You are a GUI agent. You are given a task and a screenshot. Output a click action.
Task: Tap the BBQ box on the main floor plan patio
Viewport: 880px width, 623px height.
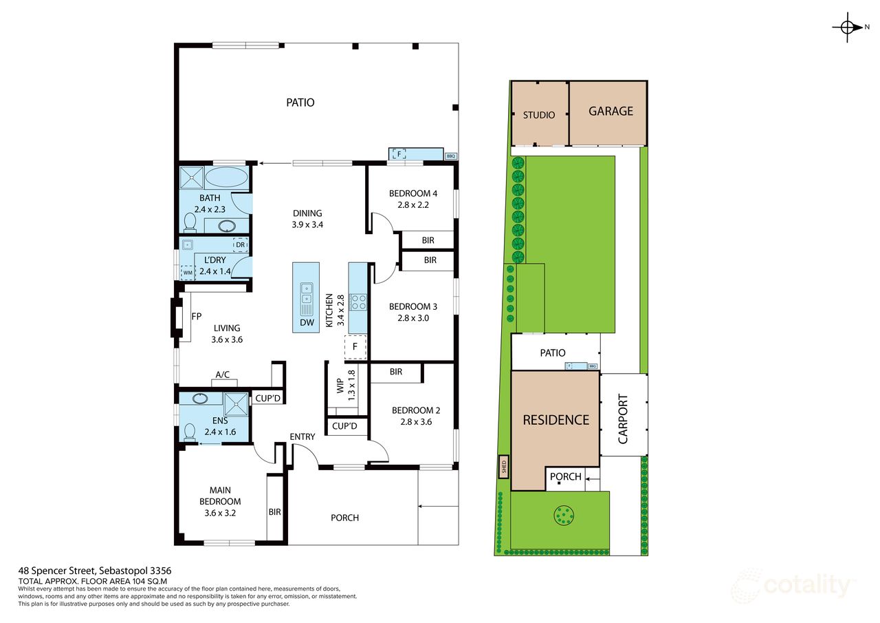tap(451, 156)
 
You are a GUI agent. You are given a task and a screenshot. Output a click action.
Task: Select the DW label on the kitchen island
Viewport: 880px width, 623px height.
tap(306, 322)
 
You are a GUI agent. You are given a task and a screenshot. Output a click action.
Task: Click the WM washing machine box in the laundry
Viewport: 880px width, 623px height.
tap(188, 273)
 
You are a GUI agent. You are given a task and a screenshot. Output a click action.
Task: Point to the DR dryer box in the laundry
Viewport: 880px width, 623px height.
tap(240, 244)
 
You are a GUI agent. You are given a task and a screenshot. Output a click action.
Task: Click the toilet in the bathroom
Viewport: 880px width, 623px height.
tap(190, 222)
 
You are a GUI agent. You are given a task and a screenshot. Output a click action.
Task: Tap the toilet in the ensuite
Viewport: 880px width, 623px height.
tap(190, 432)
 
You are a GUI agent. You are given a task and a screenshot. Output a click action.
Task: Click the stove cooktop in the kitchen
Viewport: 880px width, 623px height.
tap(358, 302)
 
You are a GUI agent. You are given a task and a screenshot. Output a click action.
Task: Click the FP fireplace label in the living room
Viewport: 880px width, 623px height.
tap(197, 317)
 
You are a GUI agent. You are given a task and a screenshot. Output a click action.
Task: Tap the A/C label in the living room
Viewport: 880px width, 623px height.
tap(223, 374)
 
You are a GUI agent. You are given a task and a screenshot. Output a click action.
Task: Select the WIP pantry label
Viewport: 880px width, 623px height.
tap(340, 385)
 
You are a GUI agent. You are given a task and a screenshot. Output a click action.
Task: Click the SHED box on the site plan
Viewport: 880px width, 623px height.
tap(503, 467)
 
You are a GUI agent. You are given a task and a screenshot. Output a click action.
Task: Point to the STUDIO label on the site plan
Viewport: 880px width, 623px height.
tap(539, 115)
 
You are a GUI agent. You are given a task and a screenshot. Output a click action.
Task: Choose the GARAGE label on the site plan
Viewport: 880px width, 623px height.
tap(610, 111)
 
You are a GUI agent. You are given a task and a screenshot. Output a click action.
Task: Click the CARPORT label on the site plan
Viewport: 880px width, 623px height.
tap(623, 415)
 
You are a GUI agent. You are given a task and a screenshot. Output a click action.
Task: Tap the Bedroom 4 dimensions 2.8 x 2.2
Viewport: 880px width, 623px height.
tap(412, 205)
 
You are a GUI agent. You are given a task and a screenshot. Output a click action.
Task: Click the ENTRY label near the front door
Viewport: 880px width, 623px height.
tap(302, 436)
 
